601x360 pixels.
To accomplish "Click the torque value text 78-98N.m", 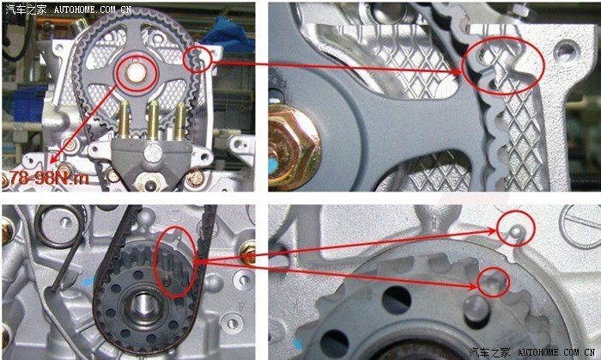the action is [x=50, y=178].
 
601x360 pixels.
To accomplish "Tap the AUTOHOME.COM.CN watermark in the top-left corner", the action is [x=93, y=9].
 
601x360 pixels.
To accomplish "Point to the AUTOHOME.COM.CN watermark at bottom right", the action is [x=556, y=352].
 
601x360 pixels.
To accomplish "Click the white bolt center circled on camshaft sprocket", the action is [x=136, y=73].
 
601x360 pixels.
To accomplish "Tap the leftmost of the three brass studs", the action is [x=124, y=119].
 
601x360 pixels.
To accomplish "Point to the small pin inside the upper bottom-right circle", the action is [x=517, y=231].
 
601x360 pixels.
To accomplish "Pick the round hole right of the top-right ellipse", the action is [x=566, y=50].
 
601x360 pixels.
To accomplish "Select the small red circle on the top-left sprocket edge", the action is [x=197, y=59].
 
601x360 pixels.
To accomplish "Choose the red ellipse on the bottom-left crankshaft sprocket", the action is [x=175, y=262].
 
